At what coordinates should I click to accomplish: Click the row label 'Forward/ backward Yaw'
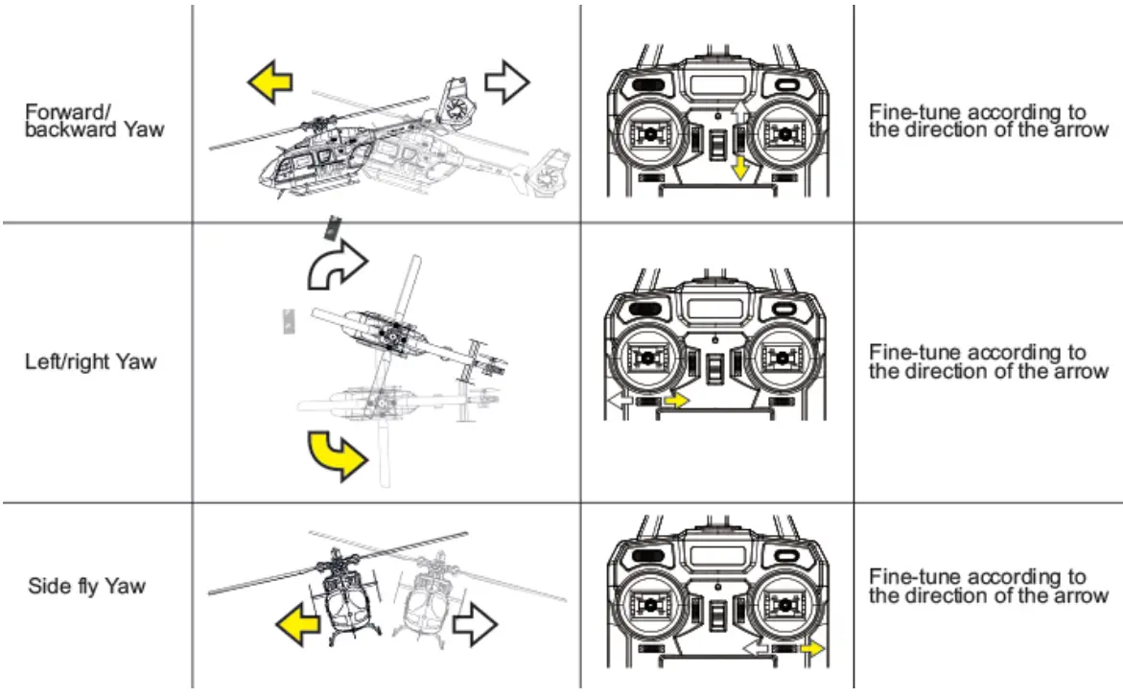click(x=94, y=120)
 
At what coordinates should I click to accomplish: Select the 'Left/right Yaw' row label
click(x=90, y=362)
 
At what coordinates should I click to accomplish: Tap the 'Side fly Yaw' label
click(x=86, y=586)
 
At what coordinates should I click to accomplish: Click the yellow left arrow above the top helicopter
click(x=269, y=85)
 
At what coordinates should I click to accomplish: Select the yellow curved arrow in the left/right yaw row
click(x=337, y=454)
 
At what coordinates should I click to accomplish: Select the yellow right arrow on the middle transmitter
click(x=676, y=400)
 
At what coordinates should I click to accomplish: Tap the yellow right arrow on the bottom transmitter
click(x=812, y=649)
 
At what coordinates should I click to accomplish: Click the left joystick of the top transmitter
click(x=647, y=135)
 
